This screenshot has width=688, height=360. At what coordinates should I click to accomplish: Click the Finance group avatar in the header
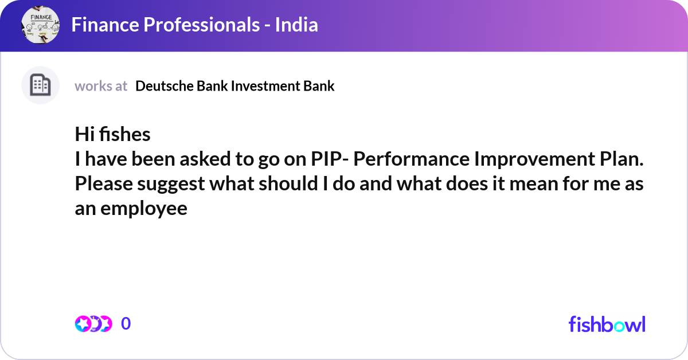pos(40,25)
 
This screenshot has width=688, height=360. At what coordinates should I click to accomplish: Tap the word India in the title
pos(296,25)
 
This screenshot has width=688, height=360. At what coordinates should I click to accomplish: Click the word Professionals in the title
pos(201,25)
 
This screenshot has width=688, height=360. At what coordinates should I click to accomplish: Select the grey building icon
pos(40,85)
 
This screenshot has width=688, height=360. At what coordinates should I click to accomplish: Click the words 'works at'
pos(101,86)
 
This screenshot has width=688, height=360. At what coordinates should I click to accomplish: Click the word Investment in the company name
pos(265,86)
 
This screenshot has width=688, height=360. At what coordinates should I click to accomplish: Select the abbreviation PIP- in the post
pos(330,159)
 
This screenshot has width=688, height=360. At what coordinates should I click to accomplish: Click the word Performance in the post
pos(411,159)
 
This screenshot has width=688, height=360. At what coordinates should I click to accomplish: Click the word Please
pos(104,183)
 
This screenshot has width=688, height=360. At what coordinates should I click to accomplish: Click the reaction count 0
pos(126,323)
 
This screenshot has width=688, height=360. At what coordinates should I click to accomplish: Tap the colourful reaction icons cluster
pos(93,324)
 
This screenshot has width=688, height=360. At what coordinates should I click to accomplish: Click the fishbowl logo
pos(607,324)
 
